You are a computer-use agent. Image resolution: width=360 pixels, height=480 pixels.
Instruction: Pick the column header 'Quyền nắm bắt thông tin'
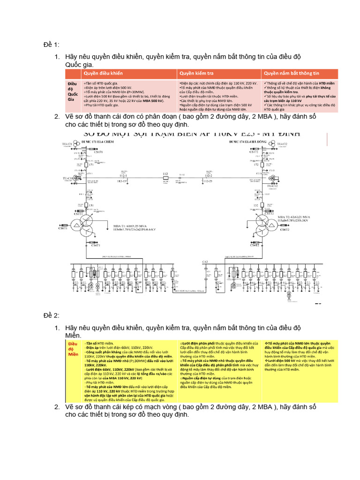pos(291,74)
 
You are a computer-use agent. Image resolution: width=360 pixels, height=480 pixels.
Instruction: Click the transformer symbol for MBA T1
pos(87,225)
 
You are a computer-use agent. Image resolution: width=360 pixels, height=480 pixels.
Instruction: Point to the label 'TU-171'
pos(68,143)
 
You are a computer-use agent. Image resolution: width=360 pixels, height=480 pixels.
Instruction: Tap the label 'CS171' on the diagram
pos(98,152)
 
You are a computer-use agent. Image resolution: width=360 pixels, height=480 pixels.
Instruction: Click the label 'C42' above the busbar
pos(205,261)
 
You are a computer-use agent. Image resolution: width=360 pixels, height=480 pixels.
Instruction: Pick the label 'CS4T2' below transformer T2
pos(255,245)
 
